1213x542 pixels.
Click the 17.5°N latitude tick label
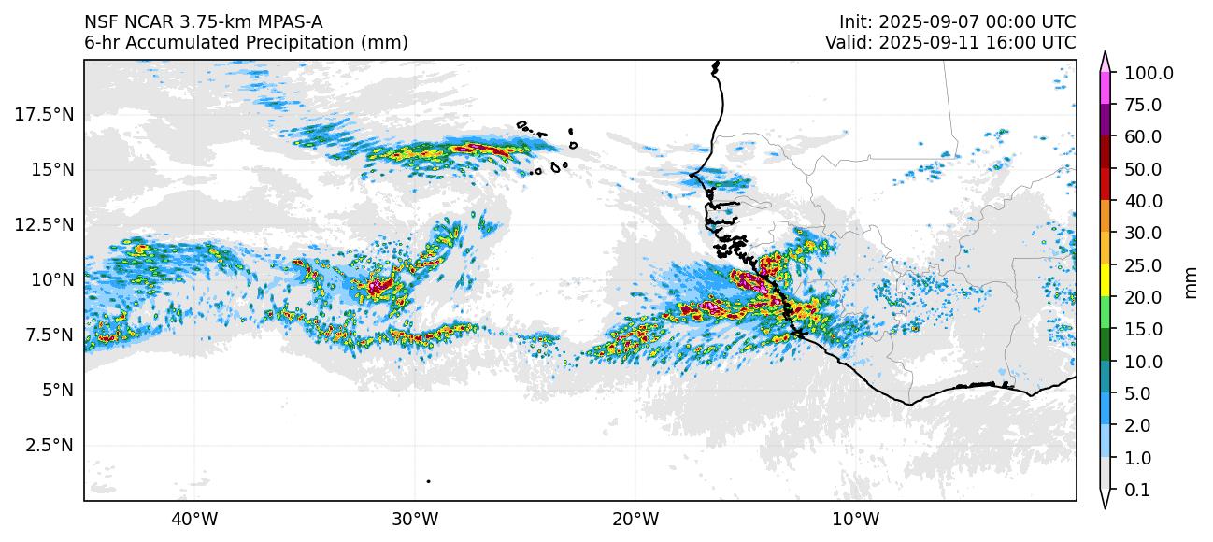(x=45, y=115)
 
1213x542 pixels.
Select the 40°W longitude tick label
(x=194, y=519)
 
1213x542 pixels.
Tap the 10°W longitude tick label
(x=855, y=519)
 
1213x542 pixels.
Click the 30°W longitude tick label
(x=415, y=519)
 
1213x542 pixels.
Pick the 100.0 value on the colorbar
(x=1149, y=74)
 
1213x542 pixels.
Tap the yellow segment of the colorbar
(x=1105, y=280)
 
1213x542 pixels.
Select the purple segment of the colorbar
(x=1105, y=121)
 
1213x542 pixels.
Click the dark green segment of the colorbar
(x=1105, y=345)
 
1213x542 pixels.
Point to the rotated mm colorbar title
(x=1191, y=281)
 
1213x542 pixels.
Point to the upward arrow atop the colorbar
(x=1105, y=60)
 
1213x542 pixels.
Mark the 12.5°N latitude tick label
(x=45, y=224)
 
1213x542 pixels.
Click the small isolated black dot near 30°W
(x=428, y=481)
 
